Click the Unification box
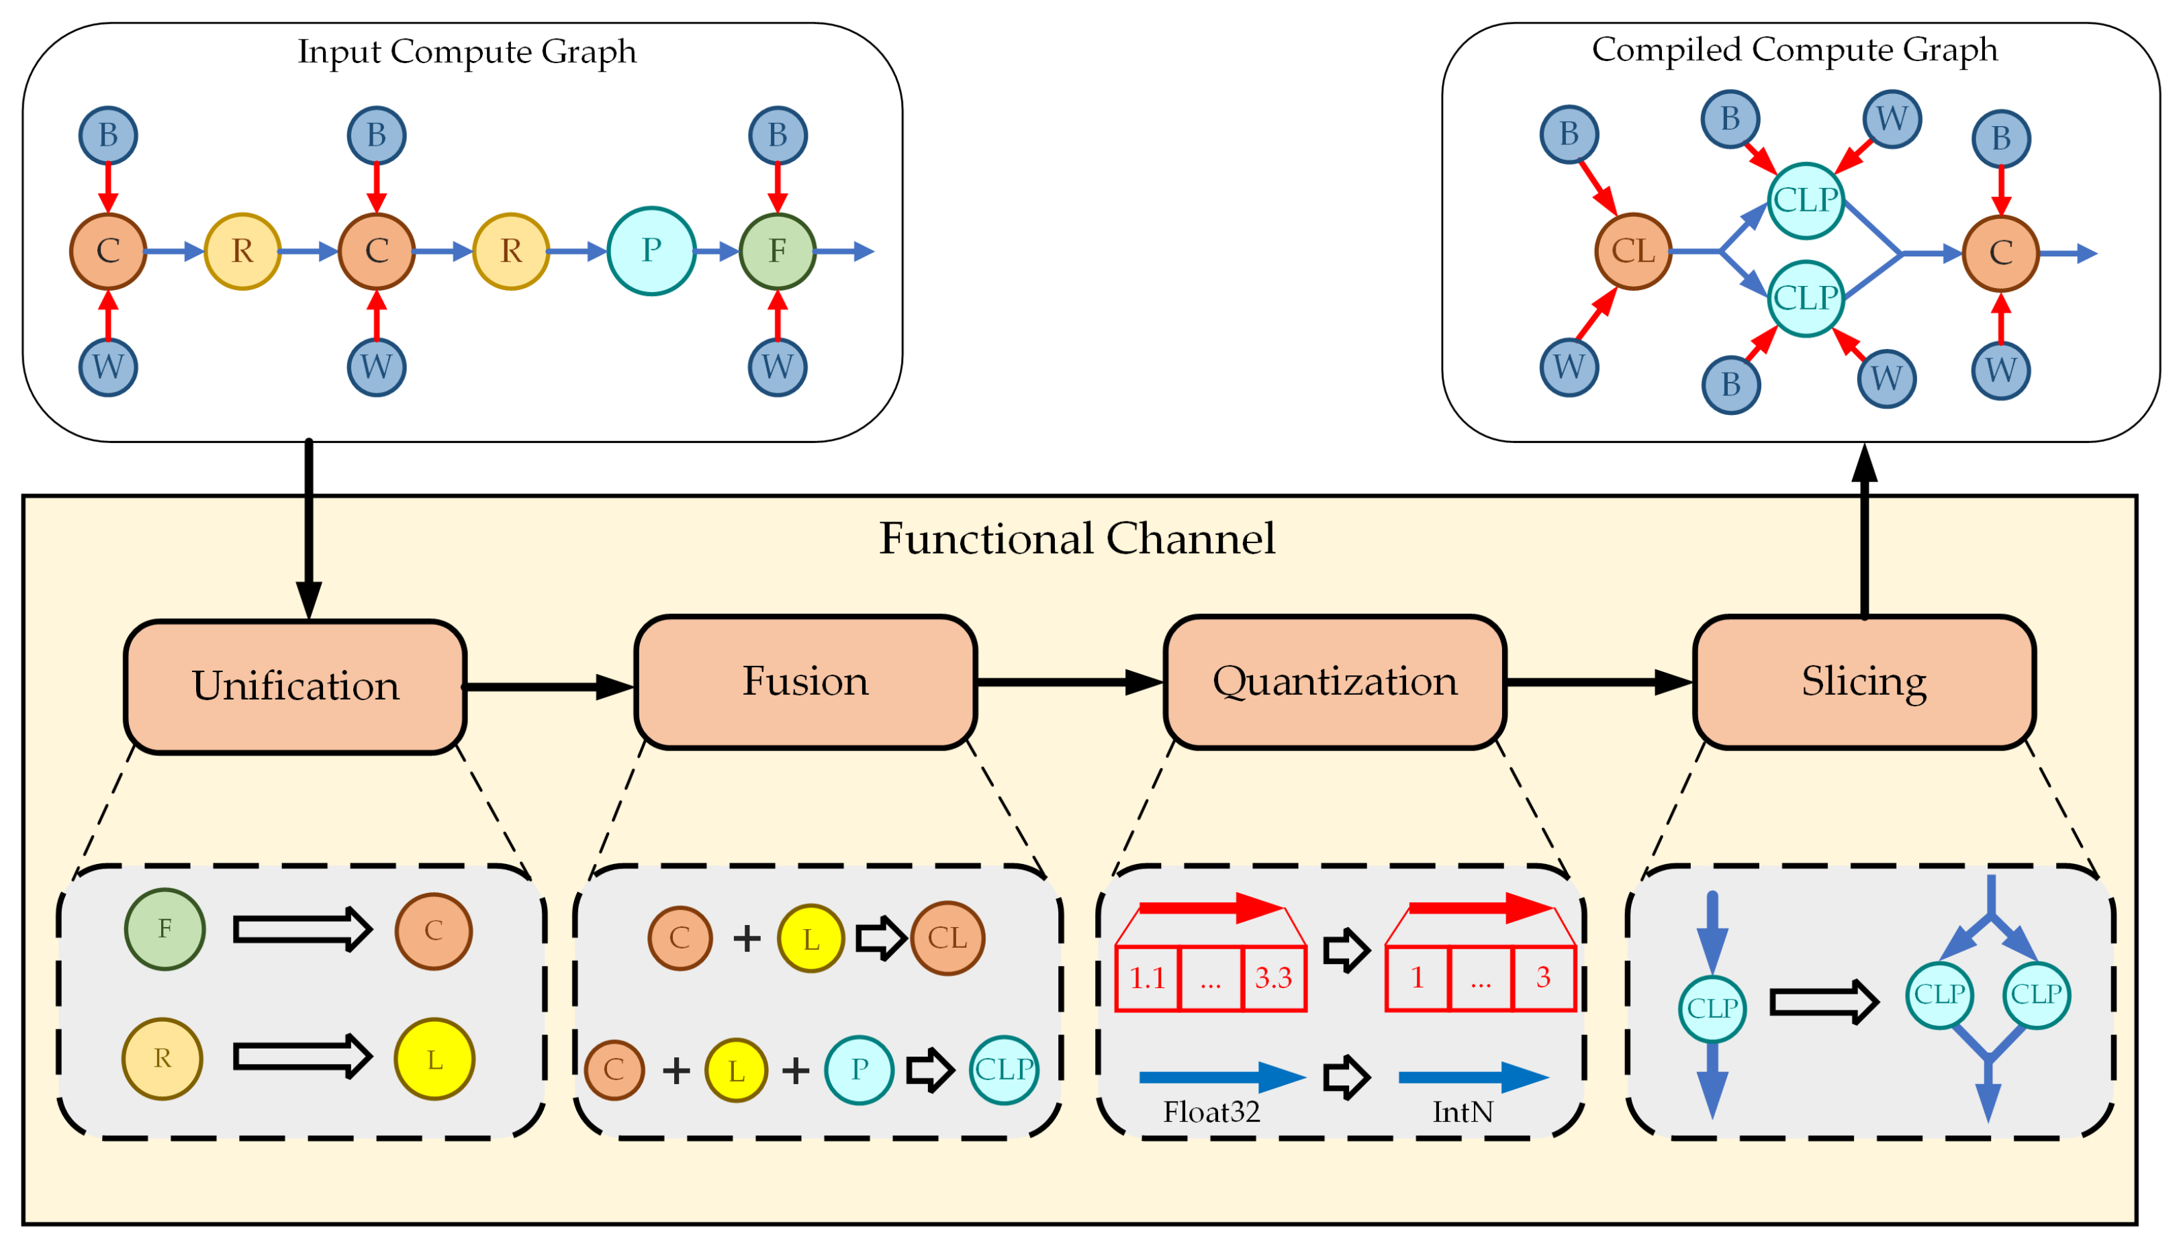point(295,687)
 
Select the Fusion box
point(804,681)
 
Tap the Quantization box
point(1334,681)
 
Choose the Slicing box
point(1863,681)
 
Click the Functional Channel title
point(1076,539)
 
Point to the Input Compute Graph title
point(466,52)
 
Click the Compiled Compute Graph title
point(1794,50)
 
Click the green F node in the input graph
point(777,250)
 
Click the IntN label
point(1462,1112)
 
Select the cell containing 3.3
point(1273,977)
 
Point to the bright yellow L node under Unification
point(434,1059)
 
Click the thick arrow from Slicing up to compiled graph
point(1864,534)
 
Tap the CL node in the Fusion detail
point(947,938)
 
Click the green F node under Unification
point(165,929)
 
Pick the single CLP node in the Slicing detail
point(1712,1008)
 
